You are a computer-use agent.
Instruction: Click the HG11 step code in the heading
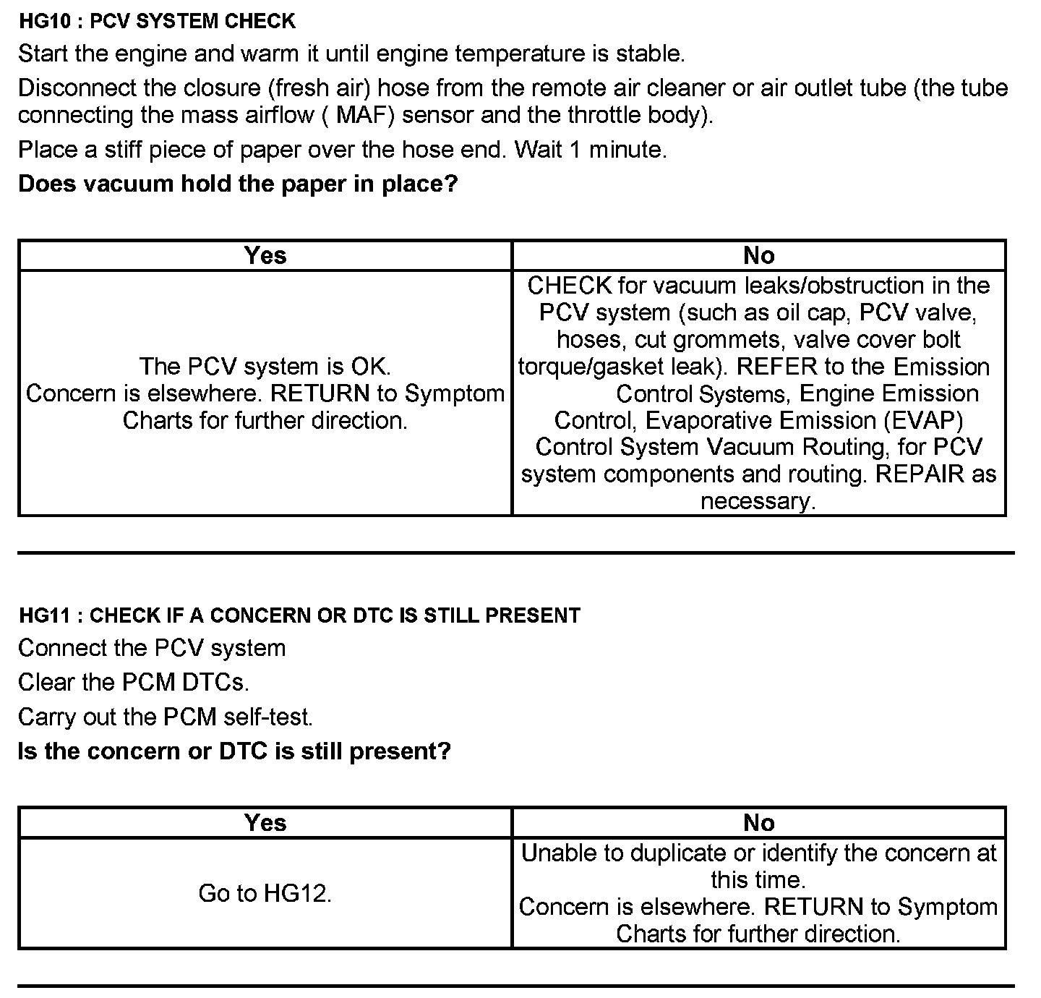[46, 615]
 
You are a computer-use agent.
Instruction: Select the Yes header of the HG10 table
[265, 255]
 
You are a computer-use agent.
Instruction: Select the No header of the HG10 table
[758, 255]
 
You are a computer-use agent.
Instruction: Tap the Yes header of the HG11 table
[265, 822]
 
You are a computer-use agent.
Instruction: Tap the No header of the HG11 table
[758, 822]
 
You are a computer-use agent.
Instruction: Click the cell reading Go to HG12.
[265, 893]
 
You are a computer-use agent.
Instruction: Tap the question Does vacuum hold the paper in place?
[238, 184]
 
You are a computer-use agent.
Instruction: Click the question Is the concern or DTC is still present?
[234, 751]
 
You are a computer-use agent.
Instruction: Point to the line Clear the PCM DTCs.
[133, 682]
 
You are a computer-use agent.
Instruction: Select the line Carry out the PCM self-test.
[166, 717]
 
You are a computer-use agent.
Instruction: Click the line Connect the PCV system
[152, 648]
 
